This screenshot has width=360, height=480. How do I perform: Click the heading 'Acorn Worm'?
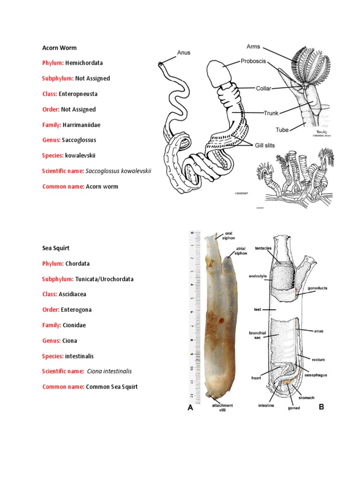[60, 48]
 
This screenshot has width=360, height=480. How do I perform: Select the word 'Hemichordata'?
[84, 63]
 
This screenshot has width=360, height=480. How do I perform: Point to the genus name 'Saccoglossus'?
[82, 140]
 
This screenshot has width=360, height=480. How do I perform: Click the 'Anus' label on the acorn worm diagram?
[184, 53]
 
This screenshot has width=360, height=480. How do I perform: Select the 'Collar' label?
[265, 88]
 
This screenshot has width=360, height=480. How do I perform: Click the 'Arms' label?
[254, 46]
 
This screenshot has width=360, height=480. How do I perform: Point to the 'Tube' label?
[282, 130]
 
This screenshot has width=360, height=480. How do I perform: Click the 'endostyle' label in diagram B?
[258, 277]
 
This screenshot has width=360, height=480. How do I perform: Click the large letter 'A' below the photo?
[190, 408]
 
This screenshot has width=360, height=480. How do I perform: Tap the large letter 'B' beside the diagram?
[322, 407]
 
